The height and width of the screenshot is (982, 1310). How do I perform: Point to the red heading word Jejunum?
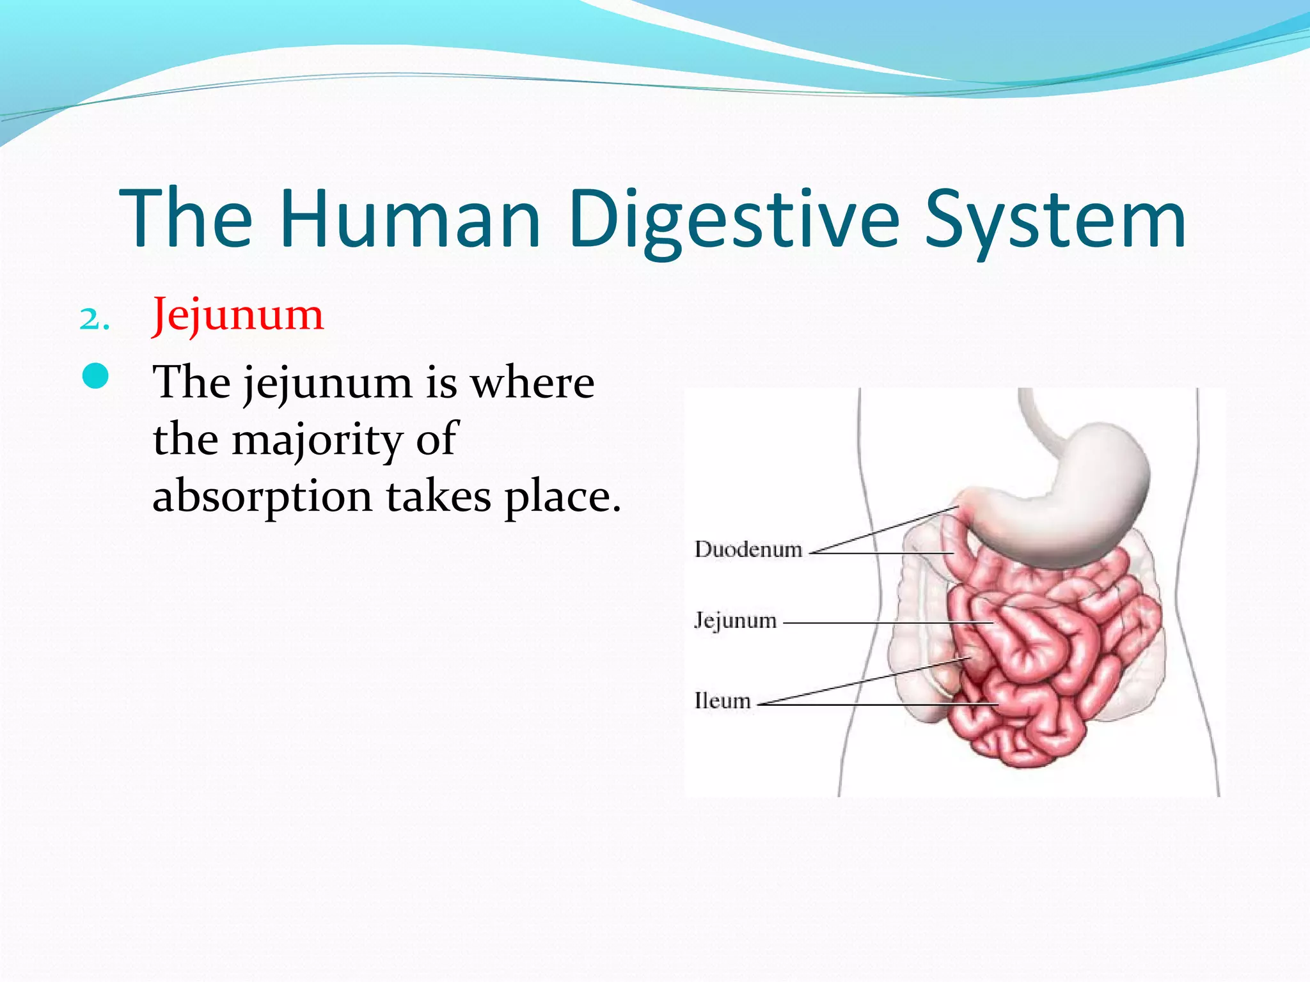point(238,316)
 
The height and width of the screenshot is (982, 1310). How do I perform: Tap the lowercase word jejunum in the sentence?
point(327,384)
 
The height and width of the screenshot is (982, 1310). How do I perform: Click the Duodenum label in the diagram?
point(748,549)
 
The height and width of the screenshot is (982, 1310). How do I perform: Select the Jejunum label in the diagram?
point(736,620)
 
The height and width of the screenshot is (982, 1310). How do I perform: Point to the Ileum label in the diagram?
point(722,701)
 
